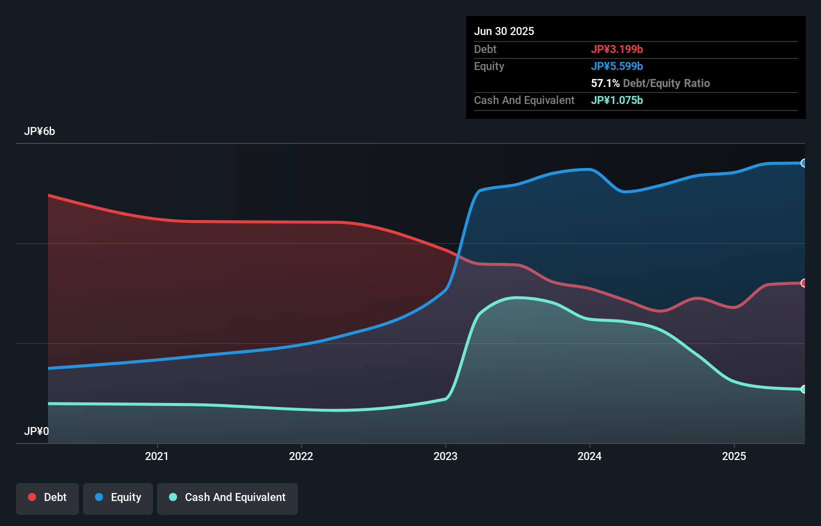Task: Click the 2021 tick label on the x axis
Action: click(x=156, y=456)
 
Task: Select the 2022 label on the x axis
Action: click(x=301, y=456)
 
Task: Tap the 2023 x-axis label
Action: click(x=445, y=456)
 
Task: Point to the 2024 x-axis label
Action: click(x=589, y=456)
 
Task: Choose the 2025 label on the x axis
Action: click(x=734, y=456)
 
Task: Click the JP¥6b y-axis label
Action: click(x=39, y=131)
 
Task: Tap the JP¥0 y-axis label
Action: click(x=36, y=431)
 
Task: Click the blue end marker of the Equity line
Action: click(x=803, y=163)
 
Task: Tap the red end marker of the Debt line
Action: click(x=803, y=283)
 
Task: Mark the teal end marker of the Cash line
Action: click(x=803, y=389)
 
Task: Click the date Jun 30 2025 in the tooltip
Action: click(x=504, y=31)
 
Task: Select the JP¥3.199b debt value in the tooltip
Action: click(x=617, y=49)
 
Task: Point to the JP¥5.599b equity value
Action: click(x=617, y=66)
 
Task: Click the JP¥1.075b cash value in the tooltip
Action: click(x=617, y=100)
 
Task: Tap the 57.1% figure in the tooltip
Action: click(x=605, y=83)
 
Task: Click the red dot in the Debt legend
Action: click(x=32, y=497)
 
